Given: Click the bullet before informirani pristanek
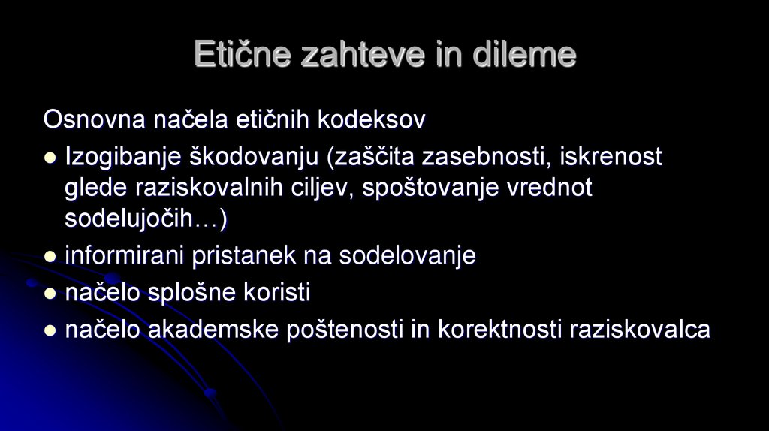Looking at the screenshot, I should (50, 257).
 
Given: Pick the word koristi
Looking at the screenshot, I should (276, 293).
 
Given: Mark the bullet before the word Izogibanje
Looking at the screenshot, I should (50, 158).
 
